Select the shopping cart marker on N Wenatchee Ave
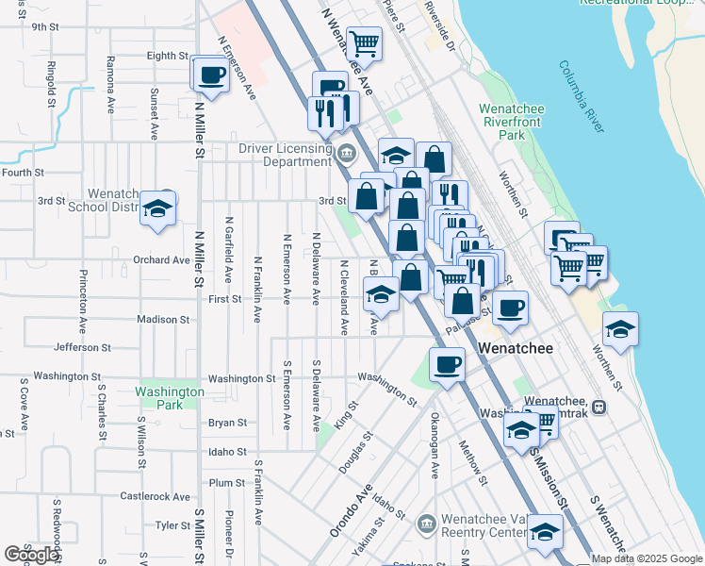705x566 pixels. point(364,42)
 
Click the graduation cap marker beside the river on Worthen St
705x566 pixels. point(620,330)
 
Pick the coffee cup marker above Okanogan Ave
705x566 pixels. point(448,364)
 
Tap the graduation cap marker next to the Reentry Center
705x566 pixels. point(545,534)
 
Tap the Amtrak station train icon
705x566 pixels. point(598,407)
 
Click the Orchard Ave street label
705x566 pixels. point(161,260)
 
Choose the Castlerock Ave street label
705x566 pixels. point(156,496)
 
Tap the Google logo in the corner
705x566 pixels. point(30,555)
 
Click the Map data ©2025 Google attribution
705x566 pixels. point(646,558)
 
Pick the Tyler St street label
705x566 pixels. point(173,525)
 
